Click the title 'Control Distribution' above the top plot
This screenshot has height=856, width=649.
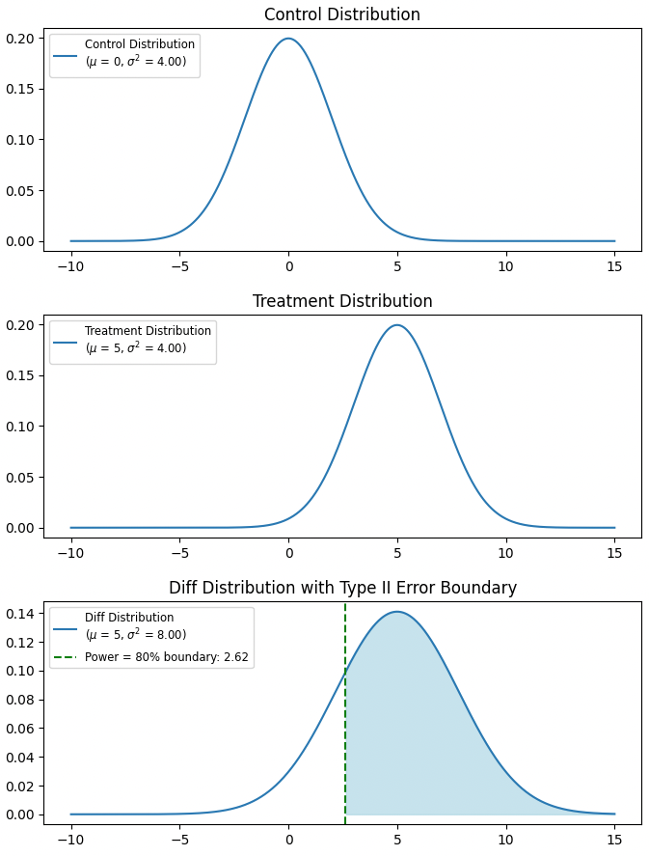point(342,14)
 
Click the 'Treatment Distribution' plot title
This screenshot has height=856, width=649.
point(342,301)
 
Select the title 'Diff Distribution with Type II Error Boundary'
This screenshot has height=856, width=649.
point(342,588)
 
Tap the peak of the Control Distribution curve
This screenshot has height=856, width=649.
point(288,39)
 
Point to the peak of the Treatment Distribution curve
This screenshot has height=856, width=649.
point(397,325)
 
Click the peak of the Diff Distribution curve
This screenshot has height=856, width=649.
point(397,612)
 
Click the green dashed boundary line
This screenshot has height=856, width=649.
point(345,714)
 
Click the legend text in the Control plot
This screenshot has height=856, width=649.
point(139,53)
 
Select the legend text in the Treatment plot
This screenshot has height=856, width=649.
point(147,340)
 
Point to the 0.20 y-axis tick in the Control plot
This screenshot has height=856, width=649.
point(21,39)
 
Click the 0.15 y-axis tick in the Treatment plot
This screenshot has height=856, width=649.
point(21,375)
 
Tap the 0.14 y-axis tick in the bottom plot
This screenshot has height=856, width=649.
point(21,614)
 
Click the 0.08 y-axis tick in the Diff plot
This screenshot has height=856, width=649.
point(21,700)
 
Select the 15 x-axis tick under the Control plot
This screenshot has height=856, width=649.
point(614,266)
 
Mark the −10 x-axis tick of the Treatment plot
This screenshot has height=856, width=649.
point(69,553)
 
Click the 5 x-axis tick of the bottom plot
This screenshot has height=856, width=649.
point(397,840)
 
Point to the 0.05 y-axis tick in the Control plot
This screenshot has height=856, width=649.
point(21,190)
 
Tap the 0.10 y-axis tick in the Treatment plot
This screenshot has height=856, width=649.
point(21,427)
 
